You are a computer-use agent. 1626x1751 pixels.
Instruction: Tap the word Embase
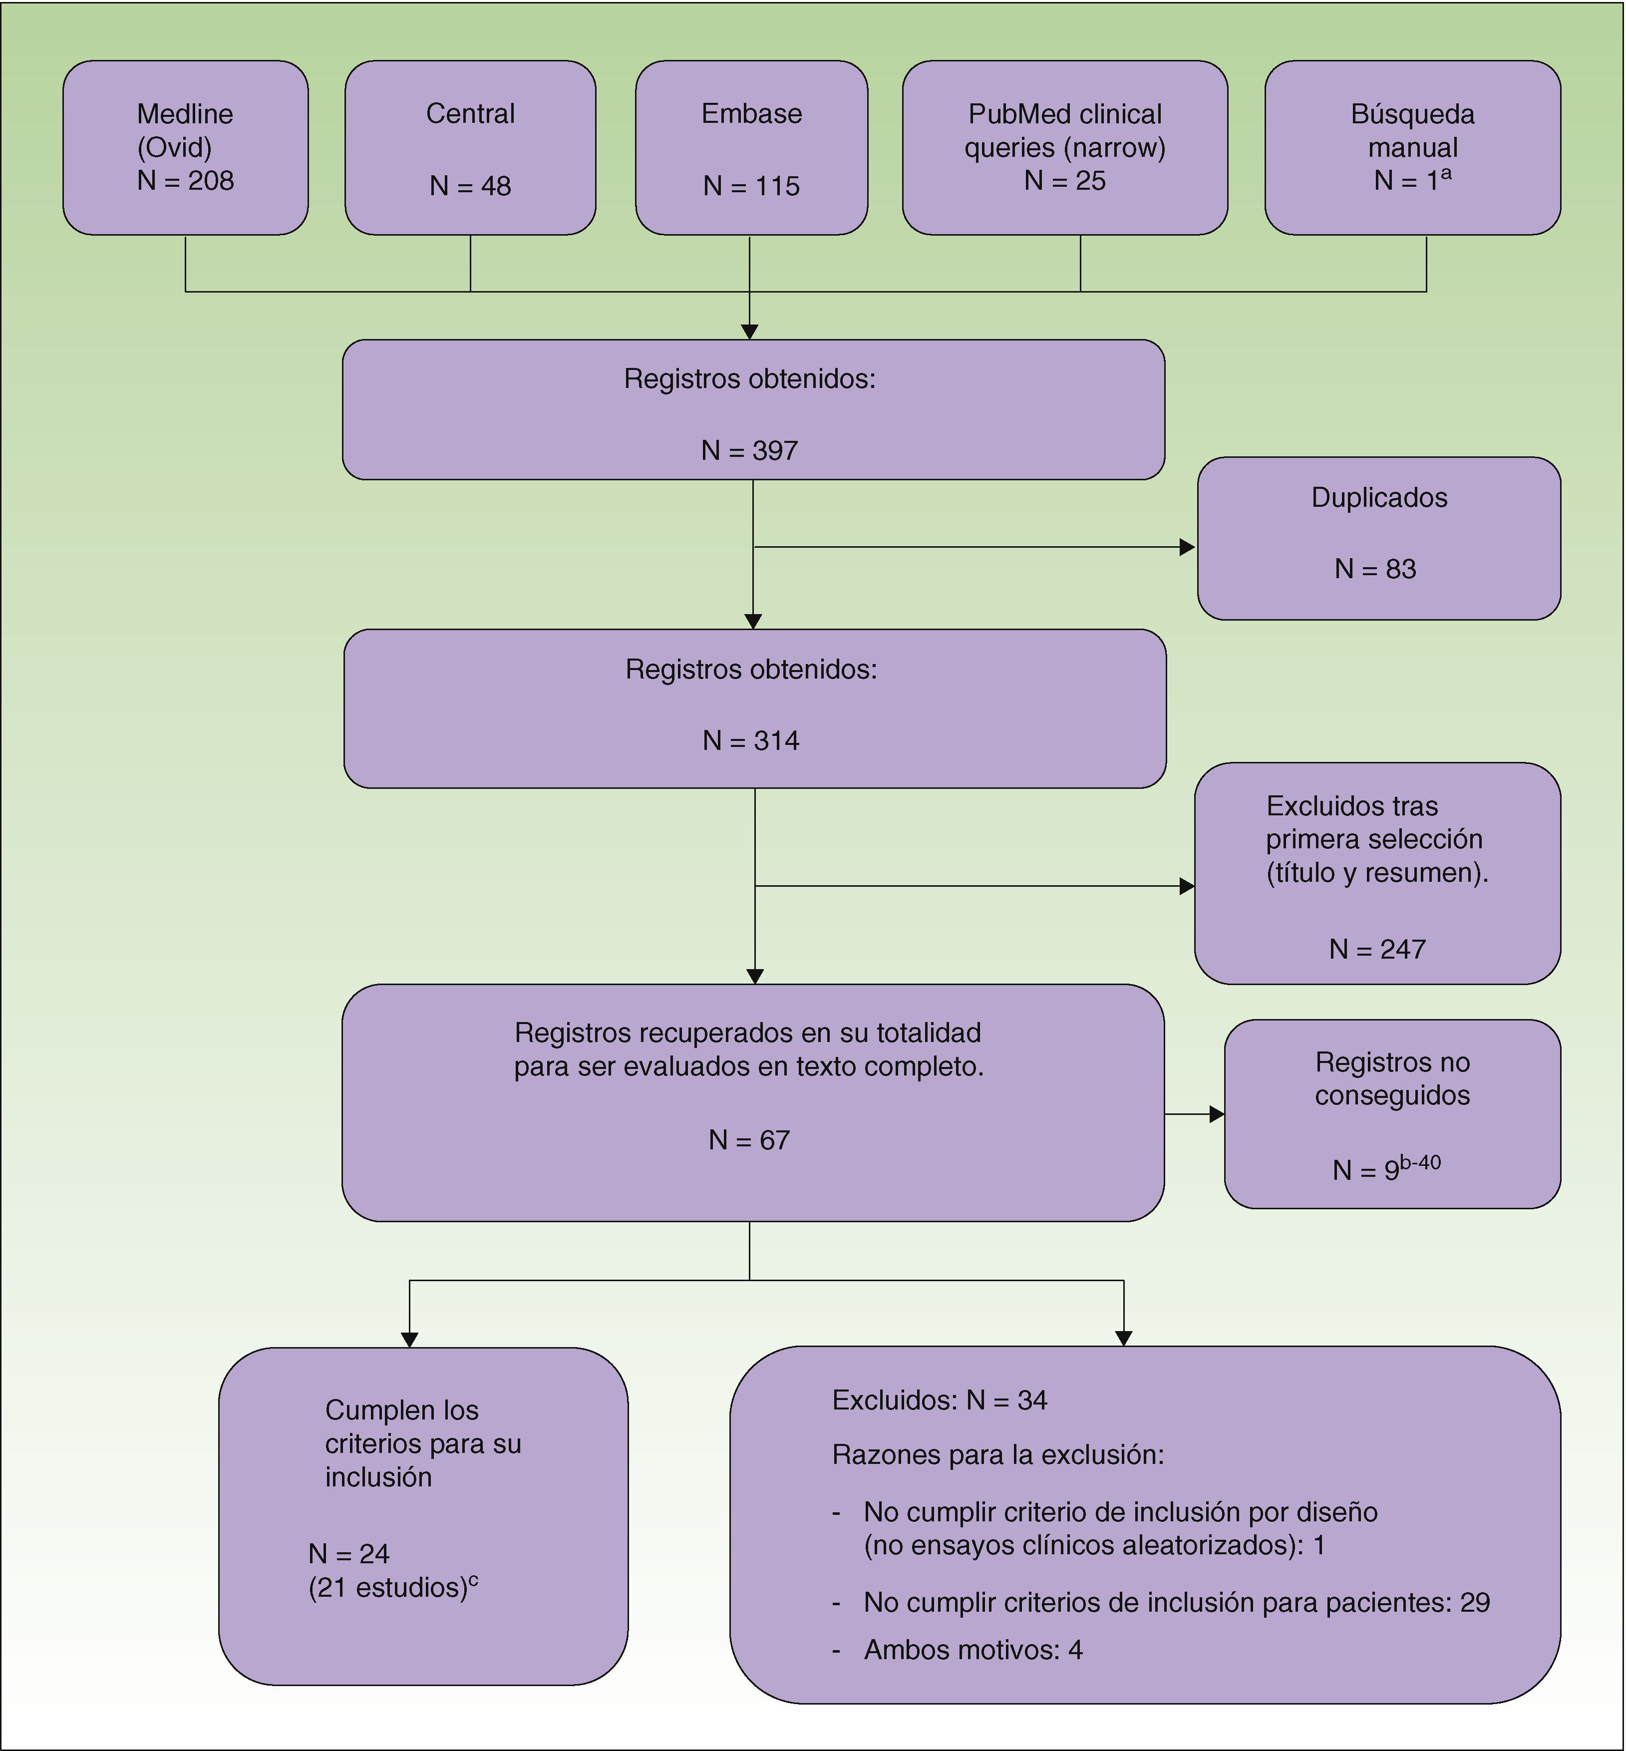coord(751,113)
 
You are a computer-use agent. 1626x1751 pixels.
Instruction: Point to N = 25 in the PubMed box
coord(1065,180)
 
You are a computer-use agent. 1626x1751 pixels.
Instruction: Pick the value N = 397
coord(750,450)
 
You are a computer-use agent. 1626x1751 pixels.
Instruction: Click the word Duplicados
coord(1379,497)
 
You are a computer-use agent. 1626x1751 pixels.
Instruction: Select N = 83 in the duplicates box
coord(1375,568)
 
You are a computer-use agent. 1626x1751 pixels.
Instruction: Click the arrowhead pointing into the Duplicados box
coord(1187,547)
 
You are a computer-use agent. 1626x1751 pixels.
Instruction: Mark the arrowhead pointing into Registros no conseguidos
coord(1216,1115)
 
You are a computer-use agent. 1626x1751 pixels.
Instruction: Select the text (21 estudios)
coord(388,1587)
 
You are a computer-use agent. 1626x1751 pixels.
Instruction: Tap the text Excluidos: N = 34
coord(940,1400)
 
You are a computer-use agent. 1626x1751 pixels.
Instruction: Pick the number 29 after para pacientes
coord(1475,1602)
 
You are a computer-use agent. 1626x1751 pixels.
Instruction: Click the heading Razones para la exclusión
coord(998,1454)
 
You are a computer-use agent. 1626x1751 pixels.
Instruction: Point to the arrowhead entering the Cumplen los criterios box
coord(409,1339)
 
